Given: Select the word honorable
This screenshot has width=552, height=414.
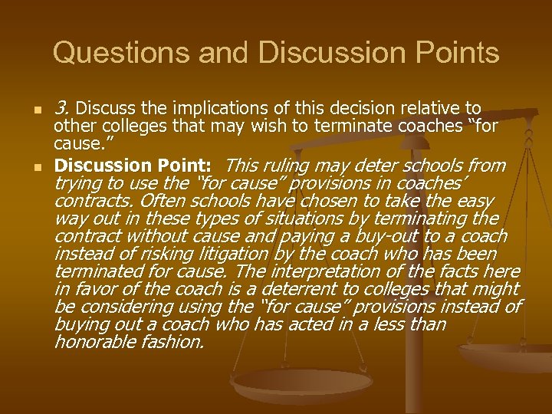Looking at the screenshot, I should (x=90, y=342).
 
